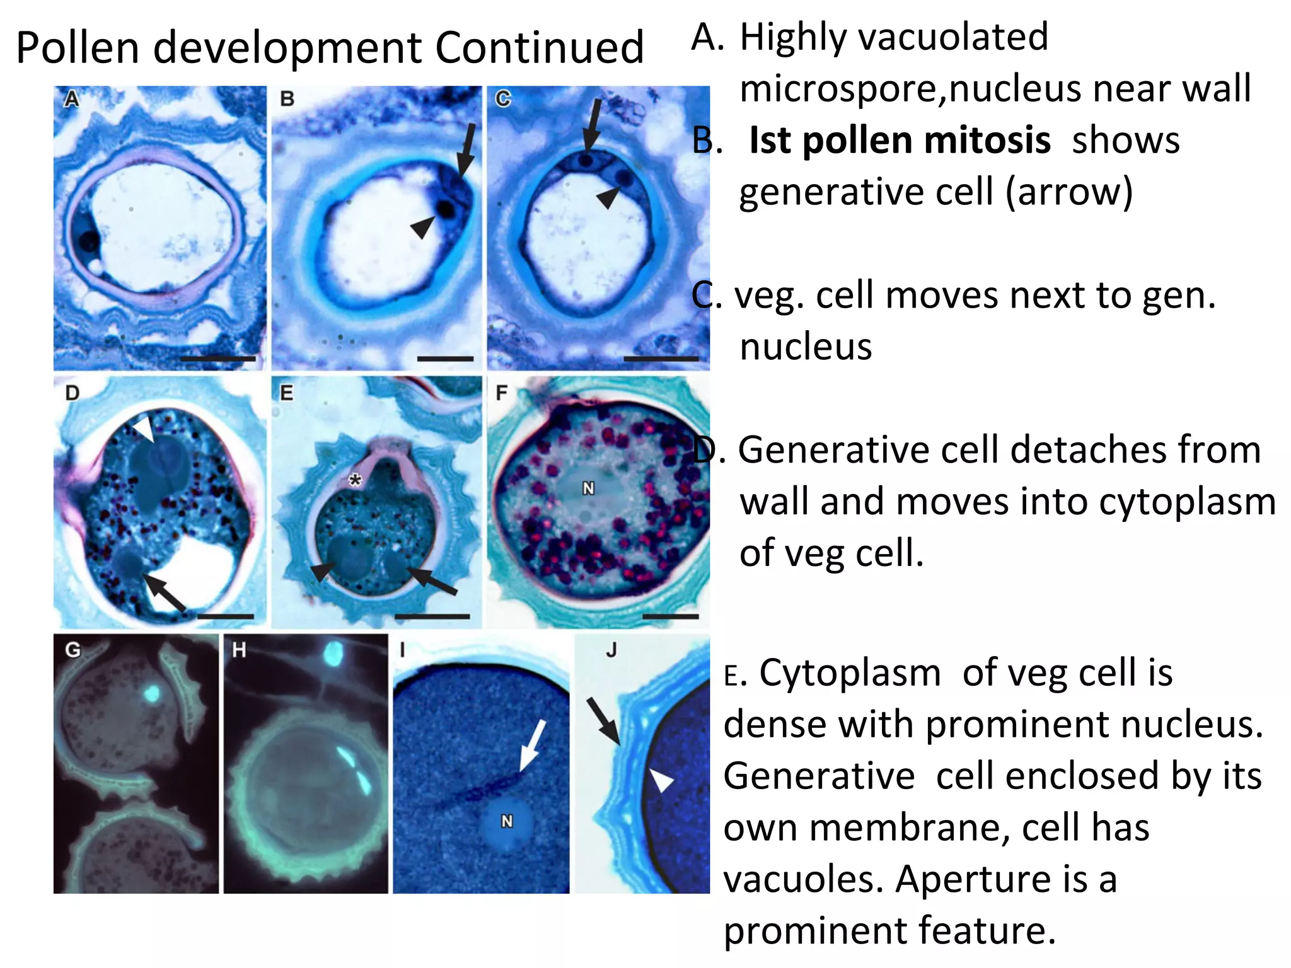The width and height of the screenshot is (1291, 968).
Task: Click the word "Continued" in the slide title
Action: pyautogui.click(x=540, y=48)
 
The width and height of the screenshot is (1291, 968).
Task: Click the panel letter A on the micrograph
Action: pyautogui.click(x=72, y=99)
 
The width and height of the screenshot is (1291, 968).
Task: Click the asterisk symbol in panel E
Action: pyautogui.click(x=356, y=481)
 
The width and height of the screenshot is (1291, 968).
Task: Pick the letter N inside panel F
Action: pyautogui.click(x=588, y=488)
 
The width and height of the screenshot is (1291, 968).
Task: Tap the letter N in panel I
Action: pyautogui.click(x=507, y=821)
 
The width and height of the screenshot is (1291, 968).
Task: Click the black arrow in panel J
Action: pyautogui.click(x=603, y=721)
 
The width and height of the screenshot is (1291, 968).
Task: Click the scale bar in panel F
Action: pyautogui.click(x=670, y=616)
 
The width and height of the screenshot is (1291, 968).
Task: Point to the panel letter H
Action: pyautogui.click(x=239, y=650)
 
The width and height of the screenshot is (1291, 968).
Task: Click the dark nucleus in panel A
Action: pyautogui.click(x=88, y=240)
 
